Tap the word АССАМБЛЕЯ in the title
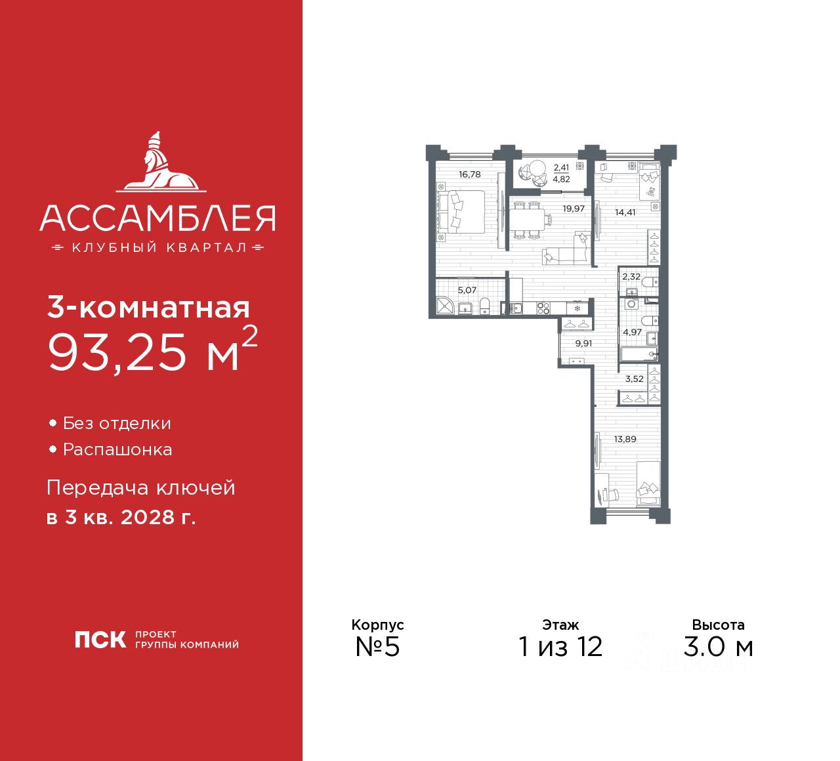pyautogui.click(x=157, y=218)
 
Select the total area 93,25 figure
pyautogui.click(x=118, y=352)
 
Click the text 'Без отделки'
pyautogui.click(x=117, y=424)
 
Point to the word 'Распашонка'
pyautogui.click(x=117, y=450)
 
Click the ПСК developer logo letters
pyautogui.click(x=100, y=640)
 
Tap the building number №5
pyautogui.click(x=377, y=647)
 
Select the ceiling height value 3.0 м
pyautogui.click(x=718, y=647)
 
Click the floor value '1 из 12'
pyautogui.click(x=560, y=647)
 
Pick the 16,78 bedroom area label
pyautogui.click(x=470, y=175)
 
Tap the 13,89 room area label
pyautogui.click(x=625, y=440)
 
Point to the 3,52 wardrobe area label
pyautogui.click(x=634, y=379)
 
